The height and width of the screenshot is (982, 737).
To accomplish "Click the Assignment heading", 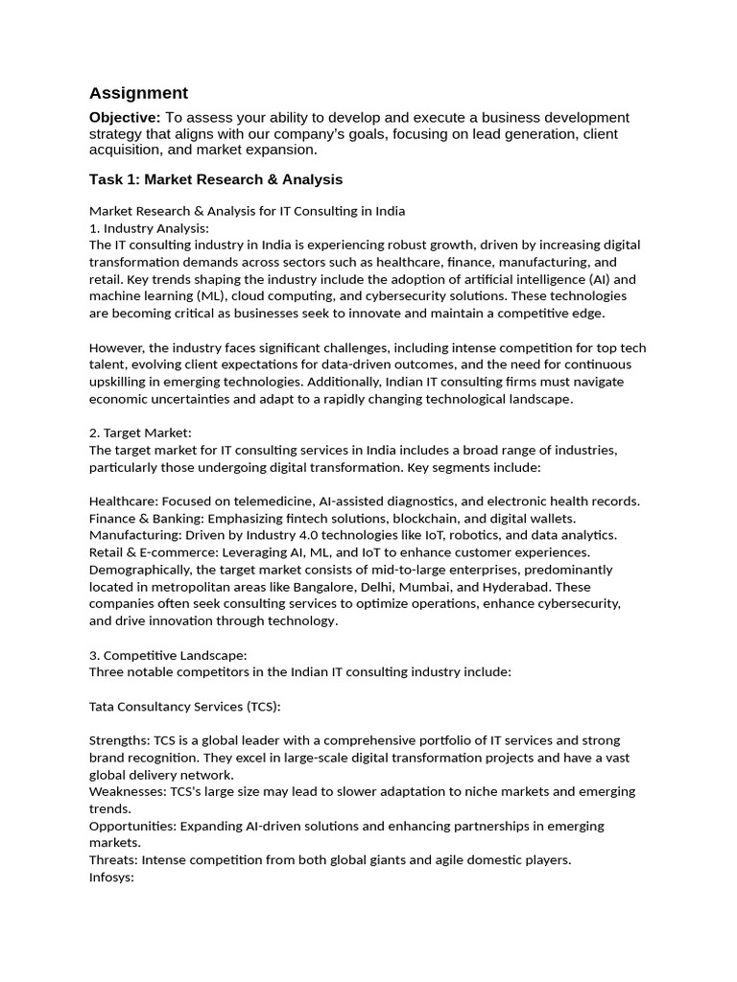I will tap(138, 93).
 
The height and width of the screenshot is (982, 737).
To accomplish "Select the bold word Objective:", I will tap(125, 117).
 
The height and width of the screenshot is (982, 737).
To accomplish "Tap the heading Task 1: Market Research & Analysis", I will tap(216, 179).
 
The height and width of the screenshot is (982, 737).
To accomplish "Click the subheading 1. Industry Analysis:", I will tap(149, 228).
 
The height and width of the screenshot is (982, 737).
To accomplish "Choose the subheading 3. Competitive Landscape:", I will tap(168, 655).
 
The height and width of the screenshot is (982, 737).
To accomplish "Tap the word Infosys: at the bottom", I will tap(111, 877).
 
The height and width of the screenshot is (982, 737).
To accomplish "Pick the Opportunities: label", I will tap(131, 826).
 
